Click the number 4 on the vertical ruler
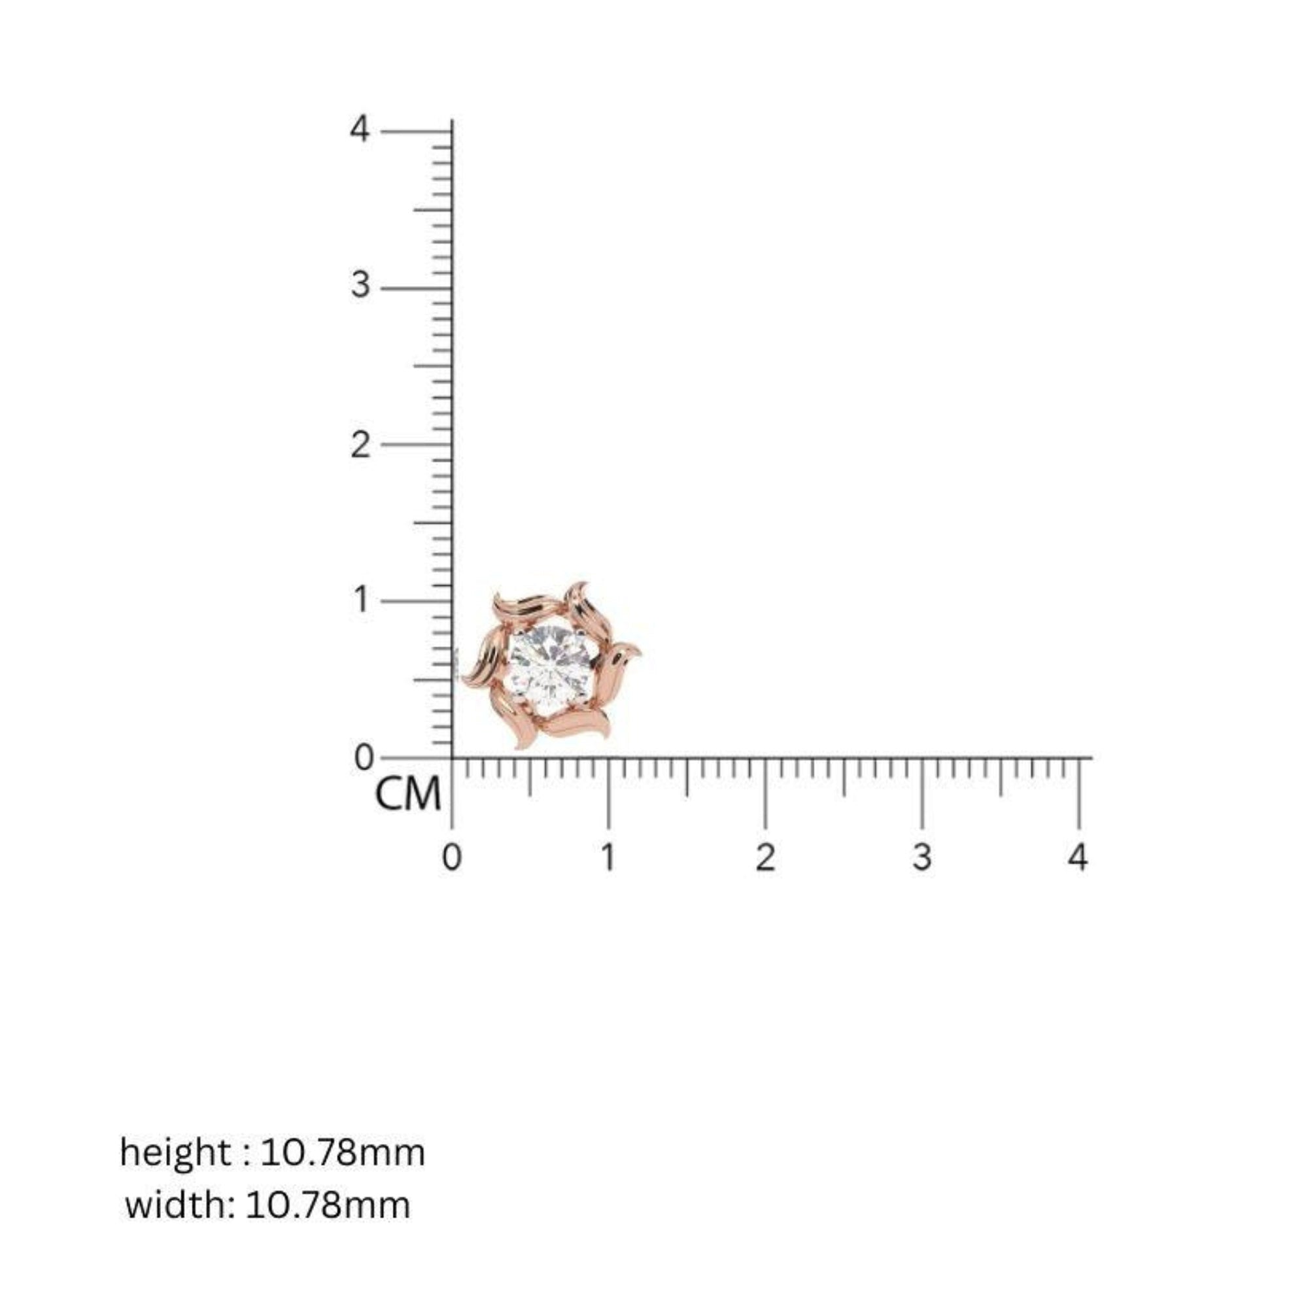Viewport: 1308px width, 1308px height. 360,129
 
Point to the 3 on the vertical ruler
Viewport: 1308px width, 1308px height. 360,285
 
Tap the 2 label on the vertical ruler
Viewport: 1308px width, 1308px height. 360,445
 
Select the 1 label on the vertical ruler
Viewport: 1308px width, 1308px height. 362,600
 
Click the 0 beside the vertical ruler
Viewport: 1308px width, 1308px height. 364,757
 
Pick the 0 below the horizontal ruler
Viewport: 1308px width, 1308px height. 451,858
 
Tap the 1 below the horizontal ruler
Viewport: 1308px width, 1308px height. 608,858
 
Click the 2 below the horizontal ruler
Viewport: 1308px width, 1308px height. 765,858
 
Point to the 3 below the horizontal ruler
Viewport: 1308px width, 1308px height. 921,858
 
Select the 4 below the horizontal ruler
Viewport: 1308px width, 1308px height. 1078,858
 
